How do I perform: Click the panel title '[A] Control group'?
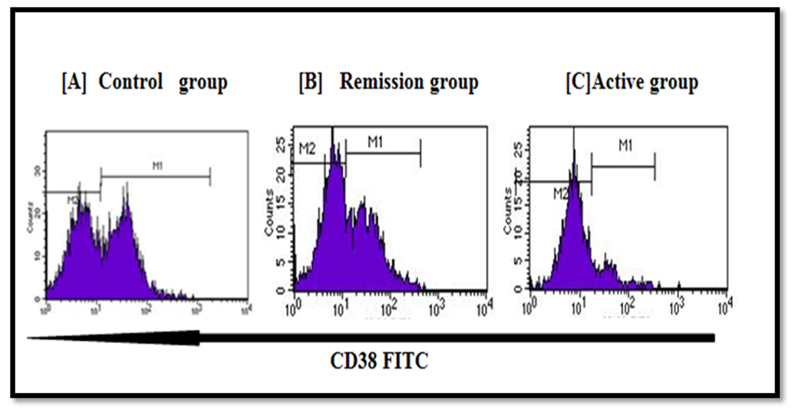(144, 82)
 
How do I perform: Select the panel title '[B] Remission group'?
(388, 82)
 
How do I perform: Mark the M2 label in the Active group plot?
(561, 194)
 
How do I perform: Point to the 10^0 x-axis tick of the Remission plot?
(292, 309)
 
